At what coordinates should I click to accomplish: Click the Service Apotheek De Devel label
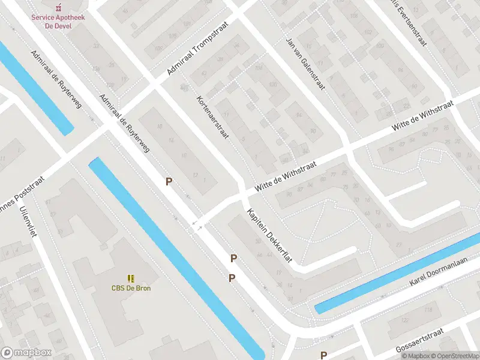click(x=58, y=22)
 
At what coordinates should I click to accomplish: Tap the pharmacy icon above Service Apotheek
click(x=58, y=8)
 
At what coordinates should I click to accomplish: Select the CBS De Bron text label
click(x=131, y=288)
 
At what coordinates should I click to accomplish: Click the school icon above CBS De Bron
click(x=131, y=278)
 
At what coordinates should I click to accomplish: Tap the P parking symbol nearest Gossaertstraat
click(x=323, y=355)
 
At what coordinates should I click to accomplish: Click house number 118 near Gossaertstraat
click(x=428, y=310)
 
